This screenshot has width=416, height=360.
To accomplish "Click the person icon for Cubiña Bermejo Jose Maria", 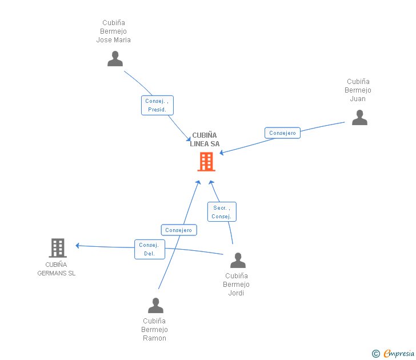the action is pos(115,59).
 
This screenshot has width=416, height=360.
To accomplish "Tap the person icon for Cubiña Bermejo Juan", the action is pos(359,118).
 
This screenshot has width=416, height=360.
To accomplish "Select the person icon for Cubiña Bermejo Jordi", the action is pos(238,261).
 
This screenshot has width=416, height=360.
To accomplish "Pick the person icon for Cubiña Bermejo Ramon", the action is pos(155,306).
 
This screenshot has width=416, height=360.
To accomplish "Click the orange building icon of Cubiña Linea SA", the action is pos(206,162).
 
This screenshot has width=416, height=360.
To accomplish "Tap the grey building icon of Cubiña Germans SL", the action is pos(57,248).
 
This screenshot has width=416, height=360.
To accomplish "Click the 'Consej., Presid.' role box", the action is pos(157,105).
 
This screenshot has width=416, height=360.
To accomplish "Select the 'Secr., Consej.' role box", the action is pos(222,212).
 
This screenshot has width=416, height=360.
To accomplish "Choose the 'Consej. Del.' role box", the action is pos(150,249).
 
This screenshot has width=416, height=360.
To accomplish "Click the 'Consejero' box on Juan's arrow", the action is pos(282,133).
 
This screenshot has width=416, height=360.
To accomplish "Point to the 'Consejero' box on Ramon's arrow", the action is pos(179,230).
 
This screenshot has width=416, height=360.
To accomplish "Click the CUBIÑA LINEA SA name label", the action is pos(205,139).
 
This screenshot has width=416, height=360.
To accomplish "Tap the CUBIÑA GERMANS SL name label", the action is pos(56,269).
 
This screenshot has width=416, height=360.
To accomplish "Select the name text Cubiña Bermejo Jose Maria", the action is pos(113,31).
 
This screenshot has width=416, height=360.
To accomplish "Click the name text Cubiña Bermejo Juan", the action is pos(358,90).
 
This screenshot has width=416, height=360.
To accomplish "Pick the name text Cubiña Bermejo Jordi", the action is pos(236,285).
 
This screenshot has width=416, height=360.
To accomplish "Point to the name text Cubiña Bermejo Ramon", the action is pos(154,330).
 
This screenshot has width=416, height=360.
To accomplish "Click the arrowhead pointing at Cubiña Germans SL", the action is pos(78,246).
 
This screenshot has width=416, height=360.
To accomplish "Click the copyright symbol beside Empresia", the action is pos(376,354).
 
